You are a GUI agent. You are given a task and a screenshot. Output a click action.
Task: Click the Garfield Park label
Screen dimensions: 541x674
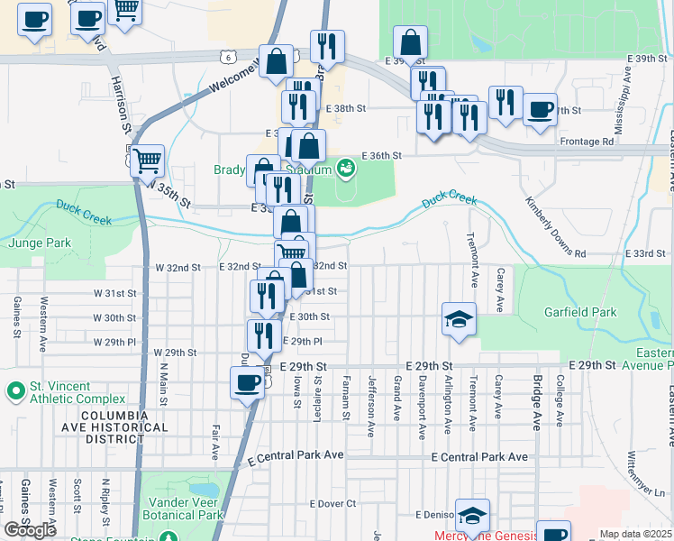pos(579,312)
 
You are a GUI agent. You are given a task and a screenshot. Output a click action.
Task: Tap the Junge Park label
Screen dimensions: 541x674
pos(40,243)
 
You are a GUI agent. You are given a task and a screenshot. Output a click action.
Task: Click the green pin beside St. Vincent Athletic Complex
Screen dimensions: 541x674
pos(14,391)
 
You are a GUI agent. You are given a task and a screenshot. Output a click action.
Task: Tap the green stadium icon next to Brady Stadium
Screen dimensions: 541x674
pos(345,168)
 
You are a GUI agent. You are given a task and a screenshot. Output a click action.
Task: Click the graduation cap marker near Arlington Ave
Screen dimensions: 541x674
pos(459,318)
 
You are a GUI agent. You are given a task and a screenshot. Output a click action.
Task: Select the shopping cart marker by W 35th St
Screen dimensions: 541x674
pos(148,161)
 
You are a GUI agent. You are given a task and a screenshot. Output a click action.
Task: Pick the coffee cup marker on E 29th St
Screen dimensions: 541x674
pos(246,384)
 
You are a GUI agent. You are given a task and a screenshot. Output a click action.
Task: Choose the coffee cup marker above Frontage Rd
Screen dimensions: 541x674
pos(540,110)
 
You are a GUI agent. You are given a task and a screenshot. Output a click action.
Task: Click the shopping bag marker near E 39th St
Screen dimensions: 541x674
pos(410,41)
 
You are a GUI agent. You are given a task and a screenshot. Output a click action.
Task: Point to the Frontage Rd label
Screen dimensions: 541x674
pos(586,142)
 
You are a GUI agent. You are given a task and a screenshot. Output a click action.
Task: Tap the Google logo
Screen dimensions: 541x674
pos(30,530)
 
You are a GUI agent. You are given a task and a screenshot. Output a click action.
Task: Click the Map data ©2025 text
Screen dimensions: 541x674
pos(635,534)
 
